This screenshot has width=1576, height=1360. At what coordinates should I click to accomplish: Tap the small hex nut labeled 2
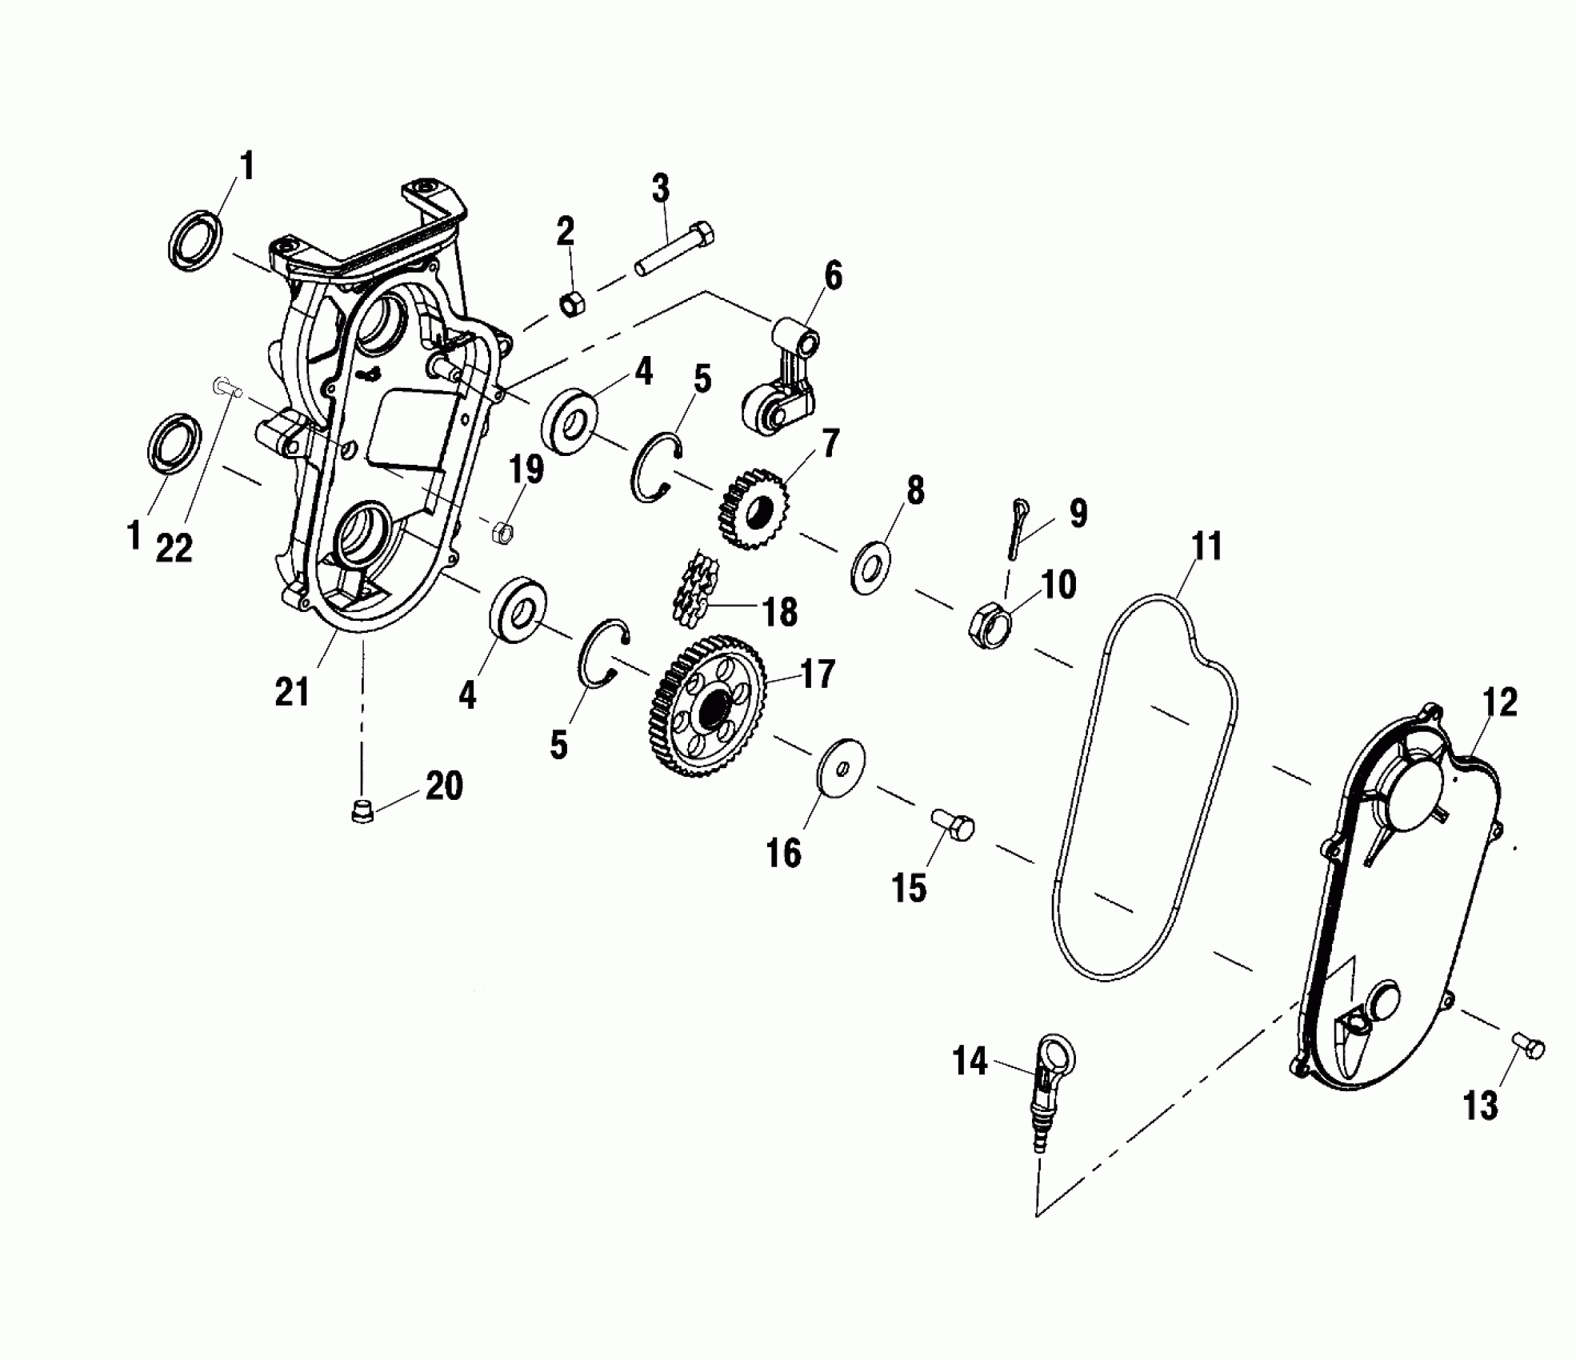[572, 304]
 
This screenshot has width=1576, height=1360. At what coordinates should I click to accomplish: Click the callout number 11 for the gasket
[1206, 547]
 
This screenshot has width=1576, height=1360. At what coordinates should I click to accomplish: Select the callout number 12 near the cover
[1498, 702]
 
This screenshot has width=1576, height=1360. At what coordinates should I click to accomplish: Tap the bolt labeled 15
[953, 824]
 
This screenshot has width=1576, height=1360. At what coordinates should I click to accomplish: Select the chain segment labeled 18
[695, 588]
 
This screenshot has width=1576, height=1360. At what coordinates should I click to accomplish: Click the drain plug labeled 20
[362, 813]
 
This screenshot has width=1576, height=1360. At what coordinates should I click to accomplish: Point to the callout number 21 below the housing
[292, 690]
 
